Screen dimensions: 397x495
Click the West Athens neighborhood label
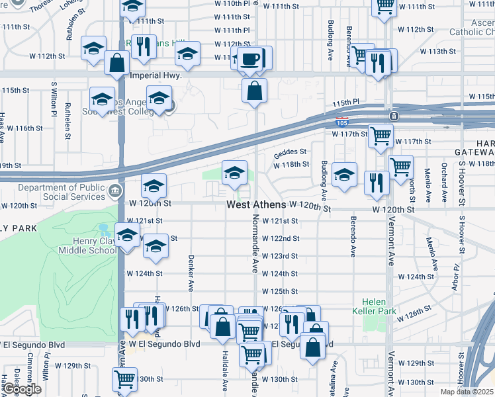(x=257, y=205)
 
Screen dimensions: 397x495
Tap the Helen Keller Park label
(x=379, y=306)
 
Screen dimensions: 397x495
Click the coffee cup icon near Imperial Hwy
(x=250, y=60)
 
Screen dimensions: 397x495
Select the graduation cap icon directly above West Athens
(x=234, y=174)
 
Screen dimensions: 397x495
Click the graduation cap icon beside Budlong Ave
(x=344, y=176)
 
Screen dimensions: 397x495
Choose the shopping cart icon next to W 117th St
(x=381, y=136)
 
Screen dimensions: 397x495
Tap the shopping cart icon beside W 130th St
(x=124, y=380)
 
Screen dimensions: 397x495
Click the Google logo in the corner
(x=21, y=389)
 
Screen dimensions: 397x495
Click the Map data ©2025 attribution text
(x=467, y=392)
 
